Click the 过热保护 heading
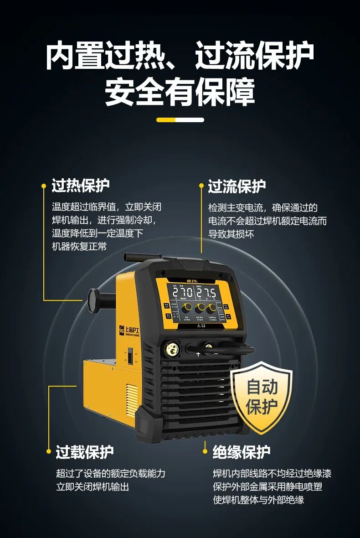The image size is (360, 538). coord(81,186)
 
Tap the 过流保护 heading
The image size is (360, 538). coord(237,186)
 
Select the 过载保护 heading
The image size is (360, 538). coord(85,452)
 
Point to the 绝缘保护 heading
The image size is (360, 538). coord(242,452)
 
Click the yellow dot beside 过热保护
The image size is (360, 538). coord(44,186)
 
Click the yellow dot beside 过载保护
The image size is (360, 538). coord(49,452)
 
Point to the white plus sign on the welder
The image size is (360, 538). coord(198,353)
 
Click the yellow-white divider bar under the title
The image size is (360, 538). coord(180,120)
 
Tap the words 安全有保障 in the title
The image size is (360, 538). coord(180,93)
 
